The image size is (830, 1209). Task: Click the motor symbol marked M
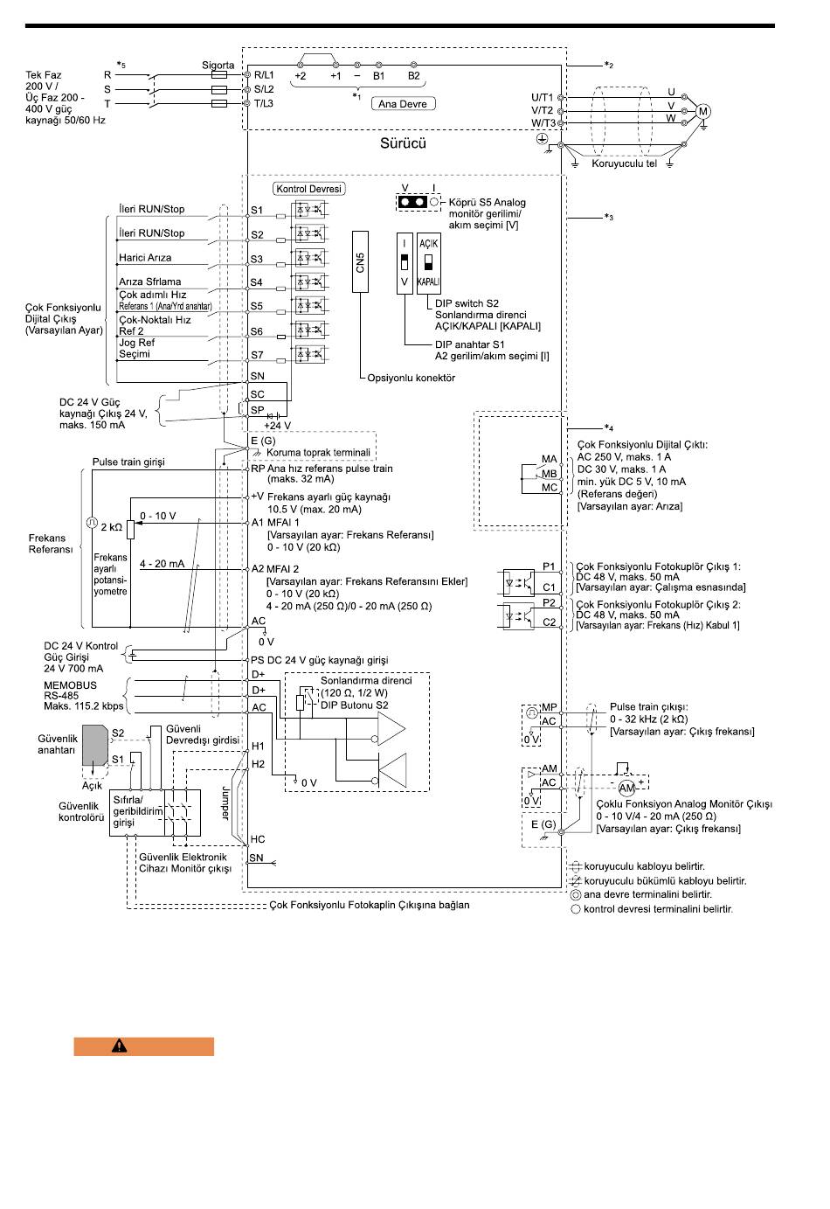[x=702, y=112]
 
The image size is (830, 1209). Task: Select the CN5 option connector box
[x=360, y=261]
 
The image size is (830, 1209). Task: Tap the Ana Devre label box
[x=403, y=104]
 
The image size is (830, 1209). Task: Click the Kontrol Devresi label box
[x=309, y=189]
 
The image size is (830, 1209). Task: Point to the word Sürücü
[x=403, y=143]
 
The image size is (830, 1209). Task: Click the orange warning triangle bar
[x=144, y=1046]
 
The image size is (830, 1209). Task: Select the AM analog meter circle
[x=626, y=788]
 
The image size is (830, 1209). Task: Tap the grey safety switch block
[x=95, y=745]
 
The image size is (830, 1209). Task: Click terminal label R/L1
[x=264, y=75]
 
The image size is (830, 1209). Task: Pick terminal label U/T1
[x=542, y=97]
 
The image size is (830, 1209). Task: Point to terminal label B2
[x=413, y=76]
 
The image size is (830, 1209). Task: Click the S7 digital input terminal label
[x=257, y=355]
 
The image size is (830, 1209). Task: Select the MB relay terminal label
[x=549, y=473]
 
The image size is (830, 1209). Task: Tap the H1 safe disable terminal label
[x=258, y=746]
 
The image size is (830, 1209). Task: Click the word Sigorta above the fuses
[x=218, y=66]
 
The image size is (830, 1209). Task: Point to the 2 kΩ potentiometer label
[x=111, y=527]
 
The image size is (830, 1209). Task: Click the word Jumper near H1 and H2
[x=225, y=803]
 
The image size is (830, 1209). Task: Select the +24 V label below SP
[x=277, y=426]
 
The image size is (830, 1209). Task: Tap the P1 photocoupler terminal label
[x=549, y=566]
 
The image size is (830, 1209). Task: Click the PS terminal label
[x=257, y=659]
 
